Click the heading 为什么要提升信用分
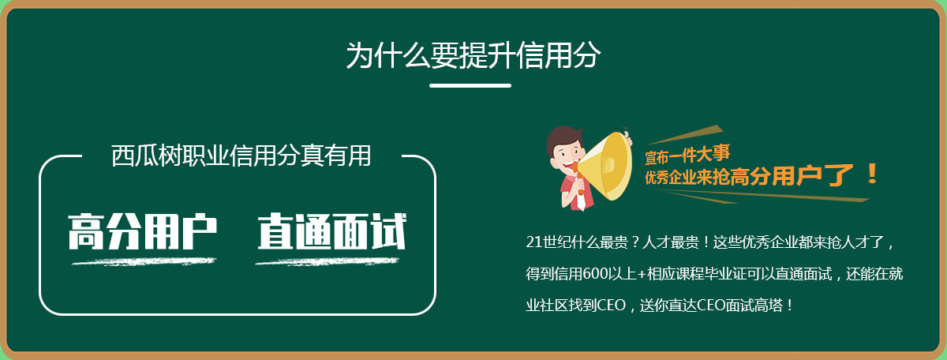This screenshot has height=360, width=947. pyautogui.click(x=473, y=55)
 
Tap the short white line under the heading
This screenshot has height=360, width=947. pyautogui.click(x=470, y=85)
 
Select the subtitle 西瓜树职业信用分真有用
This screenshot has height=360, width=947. pyautogui.click(x=241, y=156)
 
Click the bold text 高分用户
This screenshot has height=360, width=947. pyautogui.click(x=143, y=231)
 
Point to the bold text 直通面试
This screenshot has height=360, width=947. pyautogui.click(x=332, y=231)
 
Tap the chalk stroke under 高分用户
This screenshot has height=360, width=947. pyautogui.click(x=144, y=262)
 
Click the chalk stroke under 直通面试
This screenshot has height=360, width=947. pyautogui.click(x=328, y=262)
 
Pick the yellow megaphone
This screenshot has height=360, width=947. pyautogui.click(x=604, y=166)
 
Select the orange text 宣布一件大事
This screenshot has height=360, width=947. pyautogui.click(x=687, y=155)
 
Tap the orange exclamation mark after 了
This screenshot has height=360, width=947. pyautogui.click(x=872, y=174)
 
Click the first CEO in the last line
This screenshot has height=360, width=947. pyautogui.click(x=612, y=305)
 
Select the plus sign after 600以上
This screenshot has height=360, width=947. pyautogui.click(x=642, y=274)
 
